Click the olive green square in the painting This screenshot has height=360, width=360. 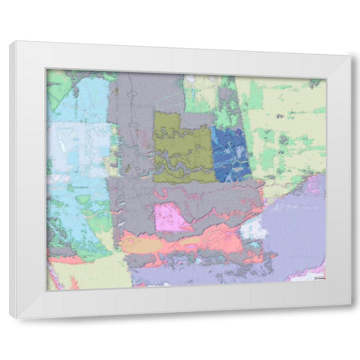[x=183, y=147]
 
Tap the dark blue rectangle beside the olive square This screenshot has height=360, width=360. [x=231, y=153]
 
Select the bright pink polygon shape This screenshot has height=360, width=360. [x=171, y=218]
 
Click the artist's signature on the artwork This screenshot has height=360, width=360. [x=318, y=277]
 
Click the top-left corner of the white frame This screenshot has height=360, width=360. [x=10, y=43]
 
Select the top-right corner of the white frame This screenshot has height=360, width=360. [x=350, y=56]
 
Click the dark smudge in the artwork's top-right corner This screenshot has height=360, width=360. [x=316, y=82]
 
